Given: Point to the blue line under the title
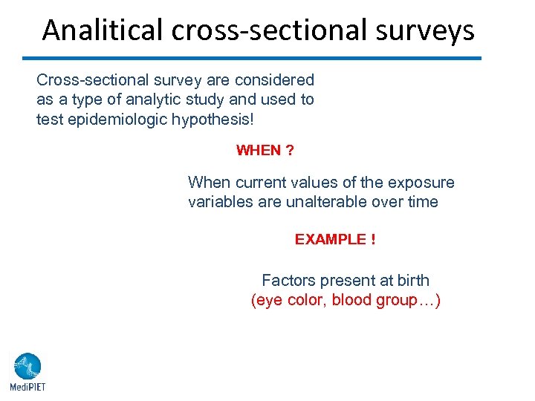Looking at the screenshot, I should click(x=252, y=58).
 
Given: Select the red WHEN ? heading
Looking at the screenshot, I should click(x=265, y=151).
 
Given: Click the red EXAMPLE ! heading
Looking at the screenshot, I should click(x=334, y=240).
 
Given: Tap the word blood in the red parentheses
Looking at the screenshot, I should click(x=351, y=301).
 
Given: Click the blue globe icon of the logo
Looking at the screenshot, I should click(x=27, y=366).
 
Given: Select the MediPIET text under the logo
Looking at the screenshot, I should click(x=27, y=387).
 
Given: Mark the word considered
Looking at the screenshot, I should click(x=279, y=80).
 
